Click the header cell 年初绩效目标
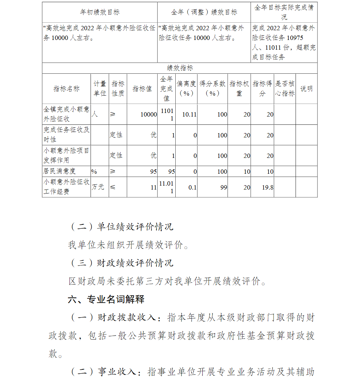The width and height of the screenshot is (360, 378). point(100,12)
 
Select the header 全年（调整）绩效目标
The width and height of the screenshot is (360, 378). point(204,12)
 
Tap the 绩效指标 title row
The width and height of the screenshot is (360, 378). point(180,68)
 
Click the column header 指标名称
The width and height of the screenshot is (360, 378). point(66,89)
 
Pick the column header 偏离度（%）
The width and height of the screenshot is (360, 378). point(186,88)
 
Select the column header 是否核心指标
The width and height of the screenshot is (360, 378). point(285,88)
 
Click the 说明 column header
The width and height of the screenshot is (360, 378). point(306,89)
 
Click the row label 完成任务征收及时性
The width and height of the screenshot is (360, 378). point(66,135)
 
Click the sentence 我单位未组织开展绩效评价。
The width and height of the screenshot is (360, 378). point(129,245)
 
